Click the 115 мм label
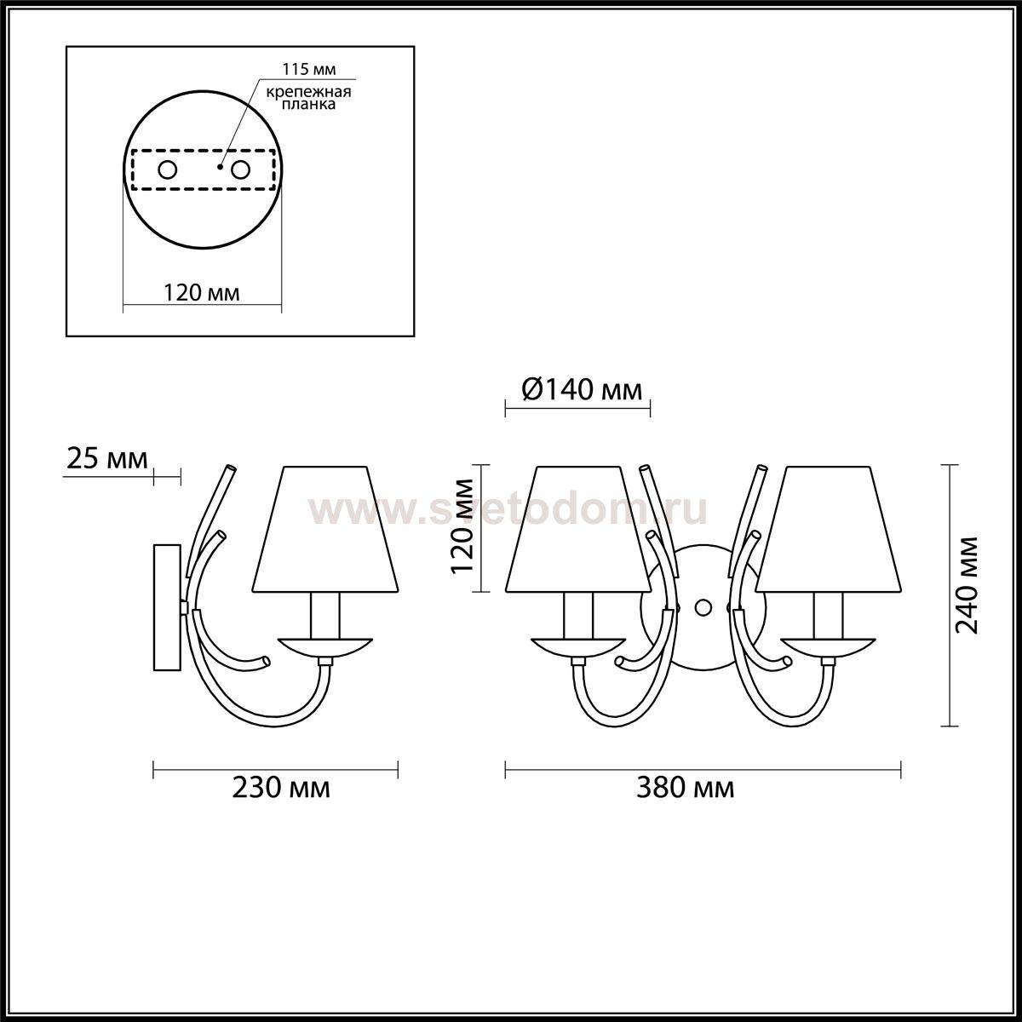pos(308,69)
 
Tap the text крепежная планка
pos(308,98)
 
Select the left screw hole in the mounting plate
pos(168,170)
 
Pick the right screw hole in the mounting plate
pos(239,170)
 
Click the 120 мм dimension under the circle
pos(202,293)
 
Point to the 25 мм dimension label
pos(106,459)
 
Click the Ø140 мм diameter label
pos(582,390)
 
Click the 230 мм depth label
pos(281,803)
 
